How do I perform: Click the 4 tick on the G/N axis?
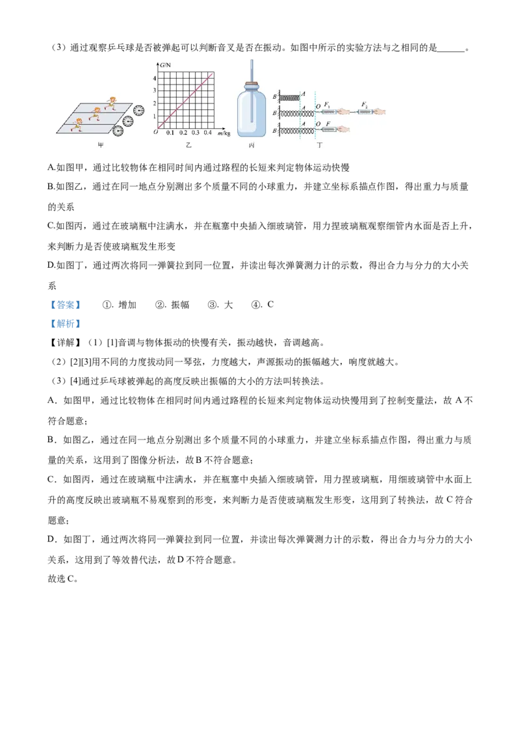[154, 79]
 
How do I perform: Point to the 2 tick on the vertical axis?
[154, 103]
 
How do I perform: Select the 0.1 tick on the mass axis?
[170, 133]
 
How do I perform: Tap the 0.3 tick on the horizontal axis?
[196, 133]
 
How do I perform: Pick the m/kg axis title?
[225, 133]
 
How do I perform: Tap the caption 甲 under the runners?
[101, 146]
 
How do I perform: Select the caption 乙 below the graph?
[189, 146]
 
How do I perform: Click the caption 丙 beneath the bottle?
[251, 146]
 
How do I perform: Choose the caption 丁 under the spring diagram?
[319, 146]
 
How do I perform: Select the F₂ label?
[365, 104]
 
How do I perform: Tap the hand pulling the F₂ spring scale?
[381, 112]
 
